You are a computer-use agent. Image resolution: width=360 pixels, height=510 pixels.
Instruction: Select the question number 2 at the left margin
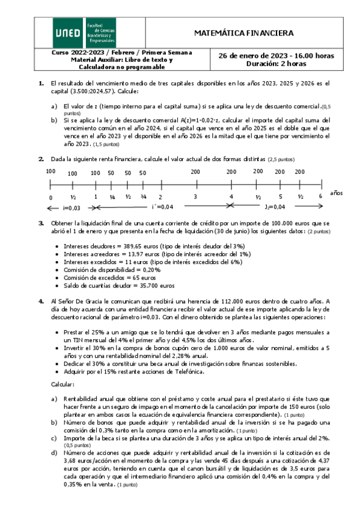pos(41,159)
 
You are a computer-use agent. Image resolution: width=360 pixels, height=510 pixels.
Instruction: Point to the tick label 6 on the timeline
pos(321,197)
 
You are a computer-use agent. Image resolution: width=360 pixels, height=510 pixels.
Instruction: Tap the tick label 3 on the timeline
pos(195,197)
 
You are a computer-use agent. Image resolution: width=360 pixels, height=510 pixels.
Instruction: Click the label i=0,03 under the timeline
pos(70,207)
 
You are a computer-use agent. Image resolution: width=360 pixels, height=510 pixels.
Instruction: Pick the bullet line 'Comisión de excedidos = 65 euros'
pos(114,278)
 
